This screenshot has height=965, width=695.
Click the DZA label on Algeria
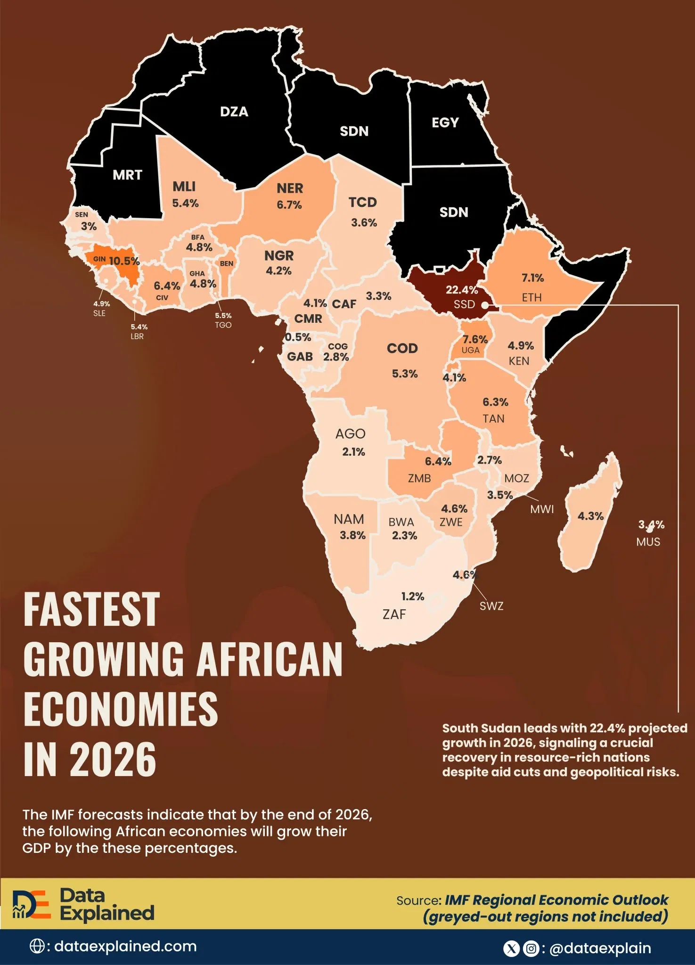point(234,112)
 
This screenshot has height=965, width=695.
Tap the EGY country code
point(445,123)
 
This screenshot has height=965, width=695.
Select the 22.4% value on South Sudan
point(462,290)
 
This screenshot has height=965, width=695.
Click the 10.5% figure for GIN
point(124,261)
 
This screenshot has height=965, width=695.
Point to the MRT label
point(127,175)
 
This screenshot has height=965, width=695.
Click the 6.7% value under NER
point(289,205)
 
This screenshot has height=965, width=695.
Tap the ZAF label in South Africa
point(394,614)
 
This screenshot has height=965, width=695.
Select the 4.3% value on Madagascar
point(590,516)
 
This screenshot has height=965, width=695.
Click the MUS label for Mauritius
point(648,542)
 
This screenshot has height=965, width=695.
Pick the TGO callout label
point(223,325)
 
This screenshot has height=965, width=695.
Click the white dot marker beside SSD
point(484,305)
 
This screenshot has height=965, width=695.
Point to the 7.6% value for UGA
point(475,339)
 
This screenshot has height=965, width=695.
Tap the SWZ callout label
point(491,606)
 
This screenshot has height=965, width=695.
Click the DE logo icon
point(31,904)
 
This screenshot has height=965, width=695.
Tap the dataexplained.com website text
point(125,946)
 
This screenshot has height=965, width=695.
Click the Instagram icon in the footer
point(531,948)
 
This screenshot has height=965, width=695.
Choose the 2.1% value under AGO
point(353,452)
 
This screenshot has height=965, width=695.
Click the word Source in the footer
point(418,901)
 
